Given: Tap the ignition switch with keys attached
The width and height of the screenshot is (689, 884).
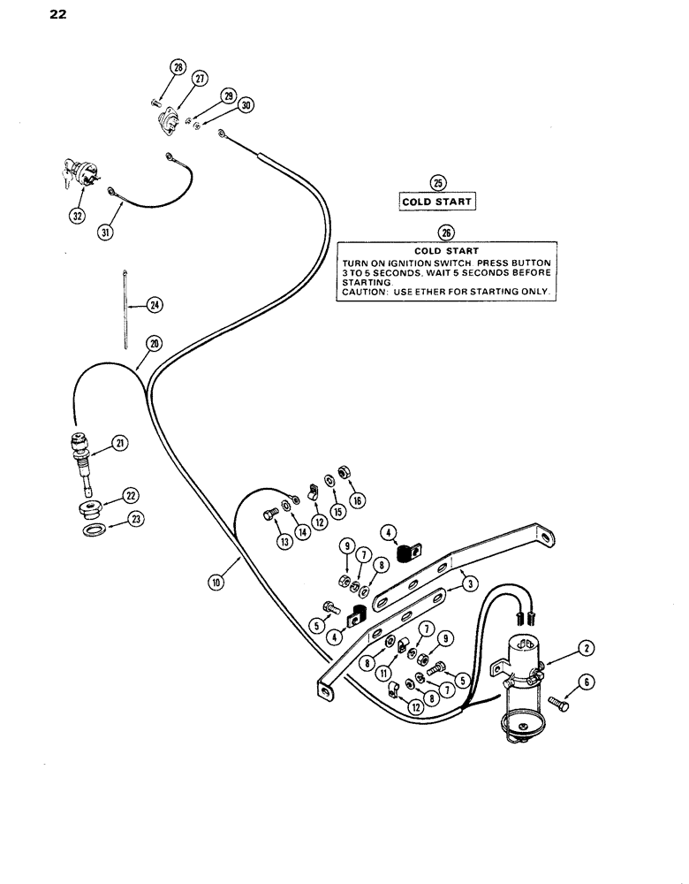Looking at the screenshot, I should [x=76, y=174].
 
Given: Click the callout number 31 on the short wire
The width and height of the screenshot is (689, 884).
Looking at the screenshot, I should [x=106, y=232].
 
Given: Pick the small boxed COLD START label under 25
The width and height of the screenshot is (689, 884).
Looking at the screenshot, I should [x=437, y=202].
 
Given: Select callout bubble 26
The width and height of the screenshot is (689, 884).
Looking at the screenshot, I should [x=446, y=232].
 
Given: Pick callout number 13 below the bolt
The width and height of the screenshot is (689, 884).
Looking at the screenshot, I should [x=284, y=543].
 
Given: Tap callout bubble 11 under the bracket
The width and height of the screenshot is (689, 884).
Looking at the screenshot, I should [x=385, y=672].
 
